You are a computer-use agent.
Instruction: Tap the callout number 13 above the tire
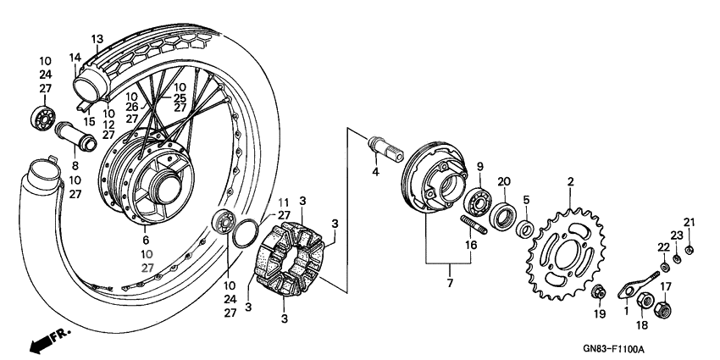click(x=97, y=39)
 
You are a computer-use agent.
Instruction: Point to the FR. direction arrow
click(x=47, y=341)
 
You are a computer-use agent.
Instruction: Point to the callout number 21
click(x=690, y=223)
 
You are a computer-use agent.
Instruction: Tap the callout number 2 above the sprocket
click(x=570, y=182)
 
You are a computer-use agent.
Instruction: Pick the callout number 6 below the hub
click(x=146, y=241)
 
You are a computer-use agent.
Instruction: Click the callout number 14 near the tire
click(x=75, y=57)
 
